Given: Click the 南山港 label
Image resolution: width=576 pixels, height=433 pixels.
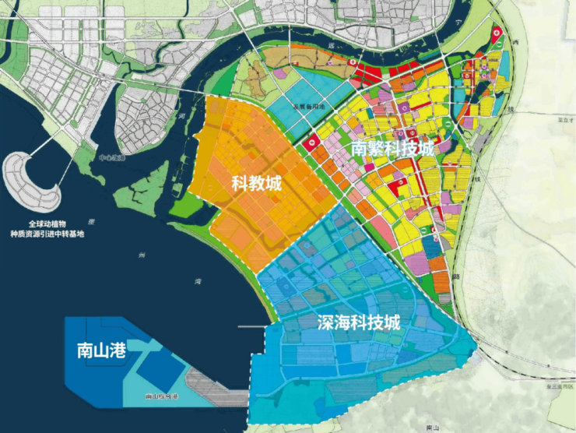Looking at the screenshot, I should [x=97, y=349].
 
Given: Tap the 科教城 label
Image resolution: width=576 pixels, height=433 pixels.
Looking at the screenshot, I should [x=257, y=184].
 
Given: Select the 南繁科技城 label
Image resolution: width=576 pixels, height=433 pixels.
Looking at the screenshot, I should [x=391, y=148].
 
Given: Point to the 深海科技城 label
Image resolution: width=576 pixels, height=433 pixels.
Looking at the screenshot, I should [x=359, y=322].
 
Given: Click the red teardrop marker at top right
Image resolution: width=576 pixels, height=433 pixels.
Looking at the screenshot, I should [x=498, y=35].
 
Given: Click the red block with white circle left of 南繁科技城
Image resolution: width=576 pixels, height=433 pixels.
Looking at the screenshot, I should [x=311, y=143].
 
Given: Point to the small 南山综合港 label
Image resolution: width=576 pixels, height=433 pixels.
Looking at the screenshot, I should [x=162, y=397].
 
